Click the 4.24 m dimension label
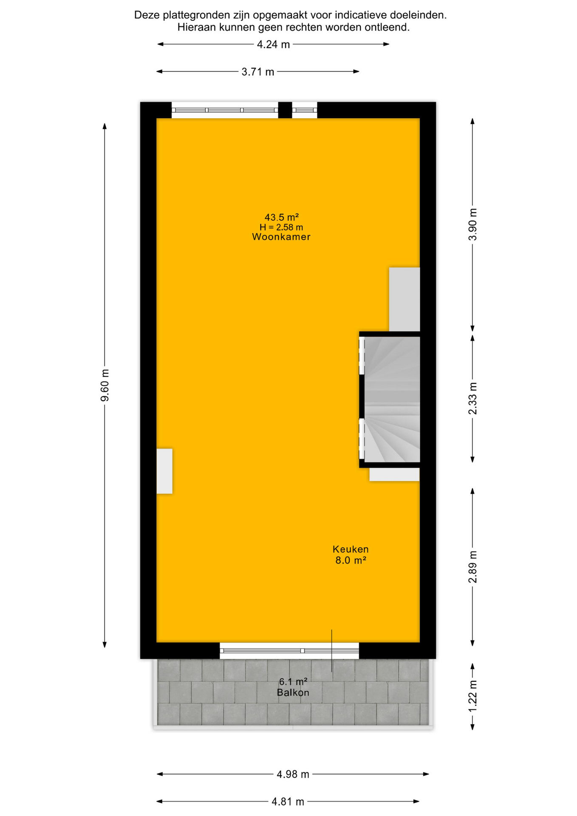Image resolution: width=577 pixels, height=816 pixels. pyautogui.click(x=273, y=45)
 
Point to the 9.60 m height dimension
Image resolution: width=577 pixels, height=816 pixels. pyautogui.click(x=105, y=385)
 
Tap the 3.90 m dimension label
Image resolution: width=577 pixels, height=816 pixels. pyautogui.click(x=472, y=225)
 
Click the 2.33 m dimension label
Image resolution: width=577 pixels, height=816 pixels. pyautogui.click(x=472, y=399)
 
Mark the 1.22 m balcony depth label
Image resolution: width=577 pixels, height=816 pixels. pyautogui.click(x=472, y=696)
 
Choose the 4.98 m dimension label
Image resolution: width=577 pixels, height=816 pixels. pyautogui.click(x=293, y=774)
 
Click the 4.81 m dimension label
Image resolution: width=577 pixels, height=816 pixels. pyautogui.click(x=288, y=802)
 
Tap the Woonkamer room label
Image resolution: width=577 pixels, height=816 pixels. pyautogui.click(x=281, y=237)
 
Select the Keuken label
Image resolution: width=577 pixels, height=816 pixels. pyautogui.click(x=351, y=550)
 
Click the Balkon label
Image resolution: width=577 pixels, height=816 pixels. pyautogui.click(x=293, y=693)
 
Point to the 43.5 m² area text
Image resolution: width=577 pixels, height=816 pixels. pyautogui.click(x=282, y=218)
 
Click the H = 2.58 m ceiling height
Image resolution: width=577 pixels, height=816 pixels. pyautogui.click(x=281, y=227)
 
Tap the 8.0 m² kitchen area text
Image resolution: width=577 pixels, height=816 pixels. pyautogui.click(x=351, y=561)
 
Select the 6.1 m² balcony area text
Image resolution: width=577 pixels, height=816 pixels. pyautogui.click(x=293, y=682)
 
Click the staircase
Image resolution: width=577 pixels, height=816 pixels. pyautogui.click(x=392, y=399)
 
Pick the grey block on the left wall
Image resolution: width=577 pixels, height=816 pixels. pyautogui.click(x=164, y=471)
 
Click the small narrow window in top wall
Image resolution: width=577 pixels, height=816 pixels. pyautogui.click(x=305, y=110)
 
